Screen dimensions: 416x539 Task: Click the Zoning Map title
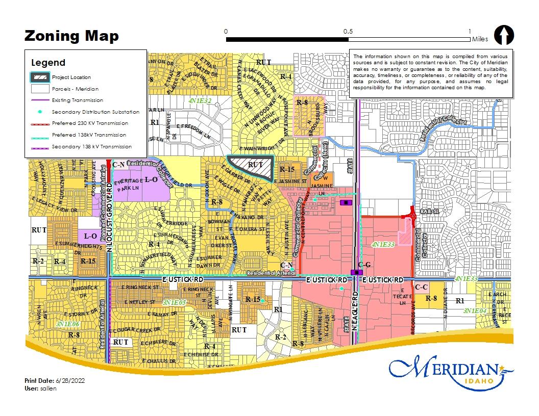[71, 36]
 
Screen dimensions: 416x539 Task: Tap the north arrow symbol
[504, 36]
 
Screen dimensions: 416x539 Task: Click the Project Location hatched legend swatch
[41, 77]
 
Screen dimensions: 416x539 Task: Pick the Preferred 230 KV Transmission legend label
[90, 123]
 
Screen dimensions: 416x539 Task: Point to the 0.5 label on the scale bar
[348, 31]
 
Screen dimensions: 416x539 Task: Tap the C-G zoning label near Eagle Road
[364, 265]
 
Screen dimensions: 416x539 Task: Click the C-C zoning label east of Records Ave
[422, 288]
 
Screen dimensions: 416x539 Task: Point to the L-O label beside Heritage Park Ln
[151, 179]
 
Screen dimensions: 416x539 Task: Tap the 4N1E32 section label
[200, 101]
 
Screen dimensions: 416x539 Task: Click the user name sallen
[49, 388]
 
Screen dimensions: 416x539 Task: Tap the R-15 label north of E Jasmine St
[286, 169]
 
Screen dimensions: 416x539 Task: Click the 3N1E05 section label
[174, 303]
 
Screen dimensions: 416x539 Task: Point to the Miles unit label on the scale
[480, 39]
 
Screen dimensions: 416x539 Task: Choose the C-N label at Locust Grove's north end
[118, 165]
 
